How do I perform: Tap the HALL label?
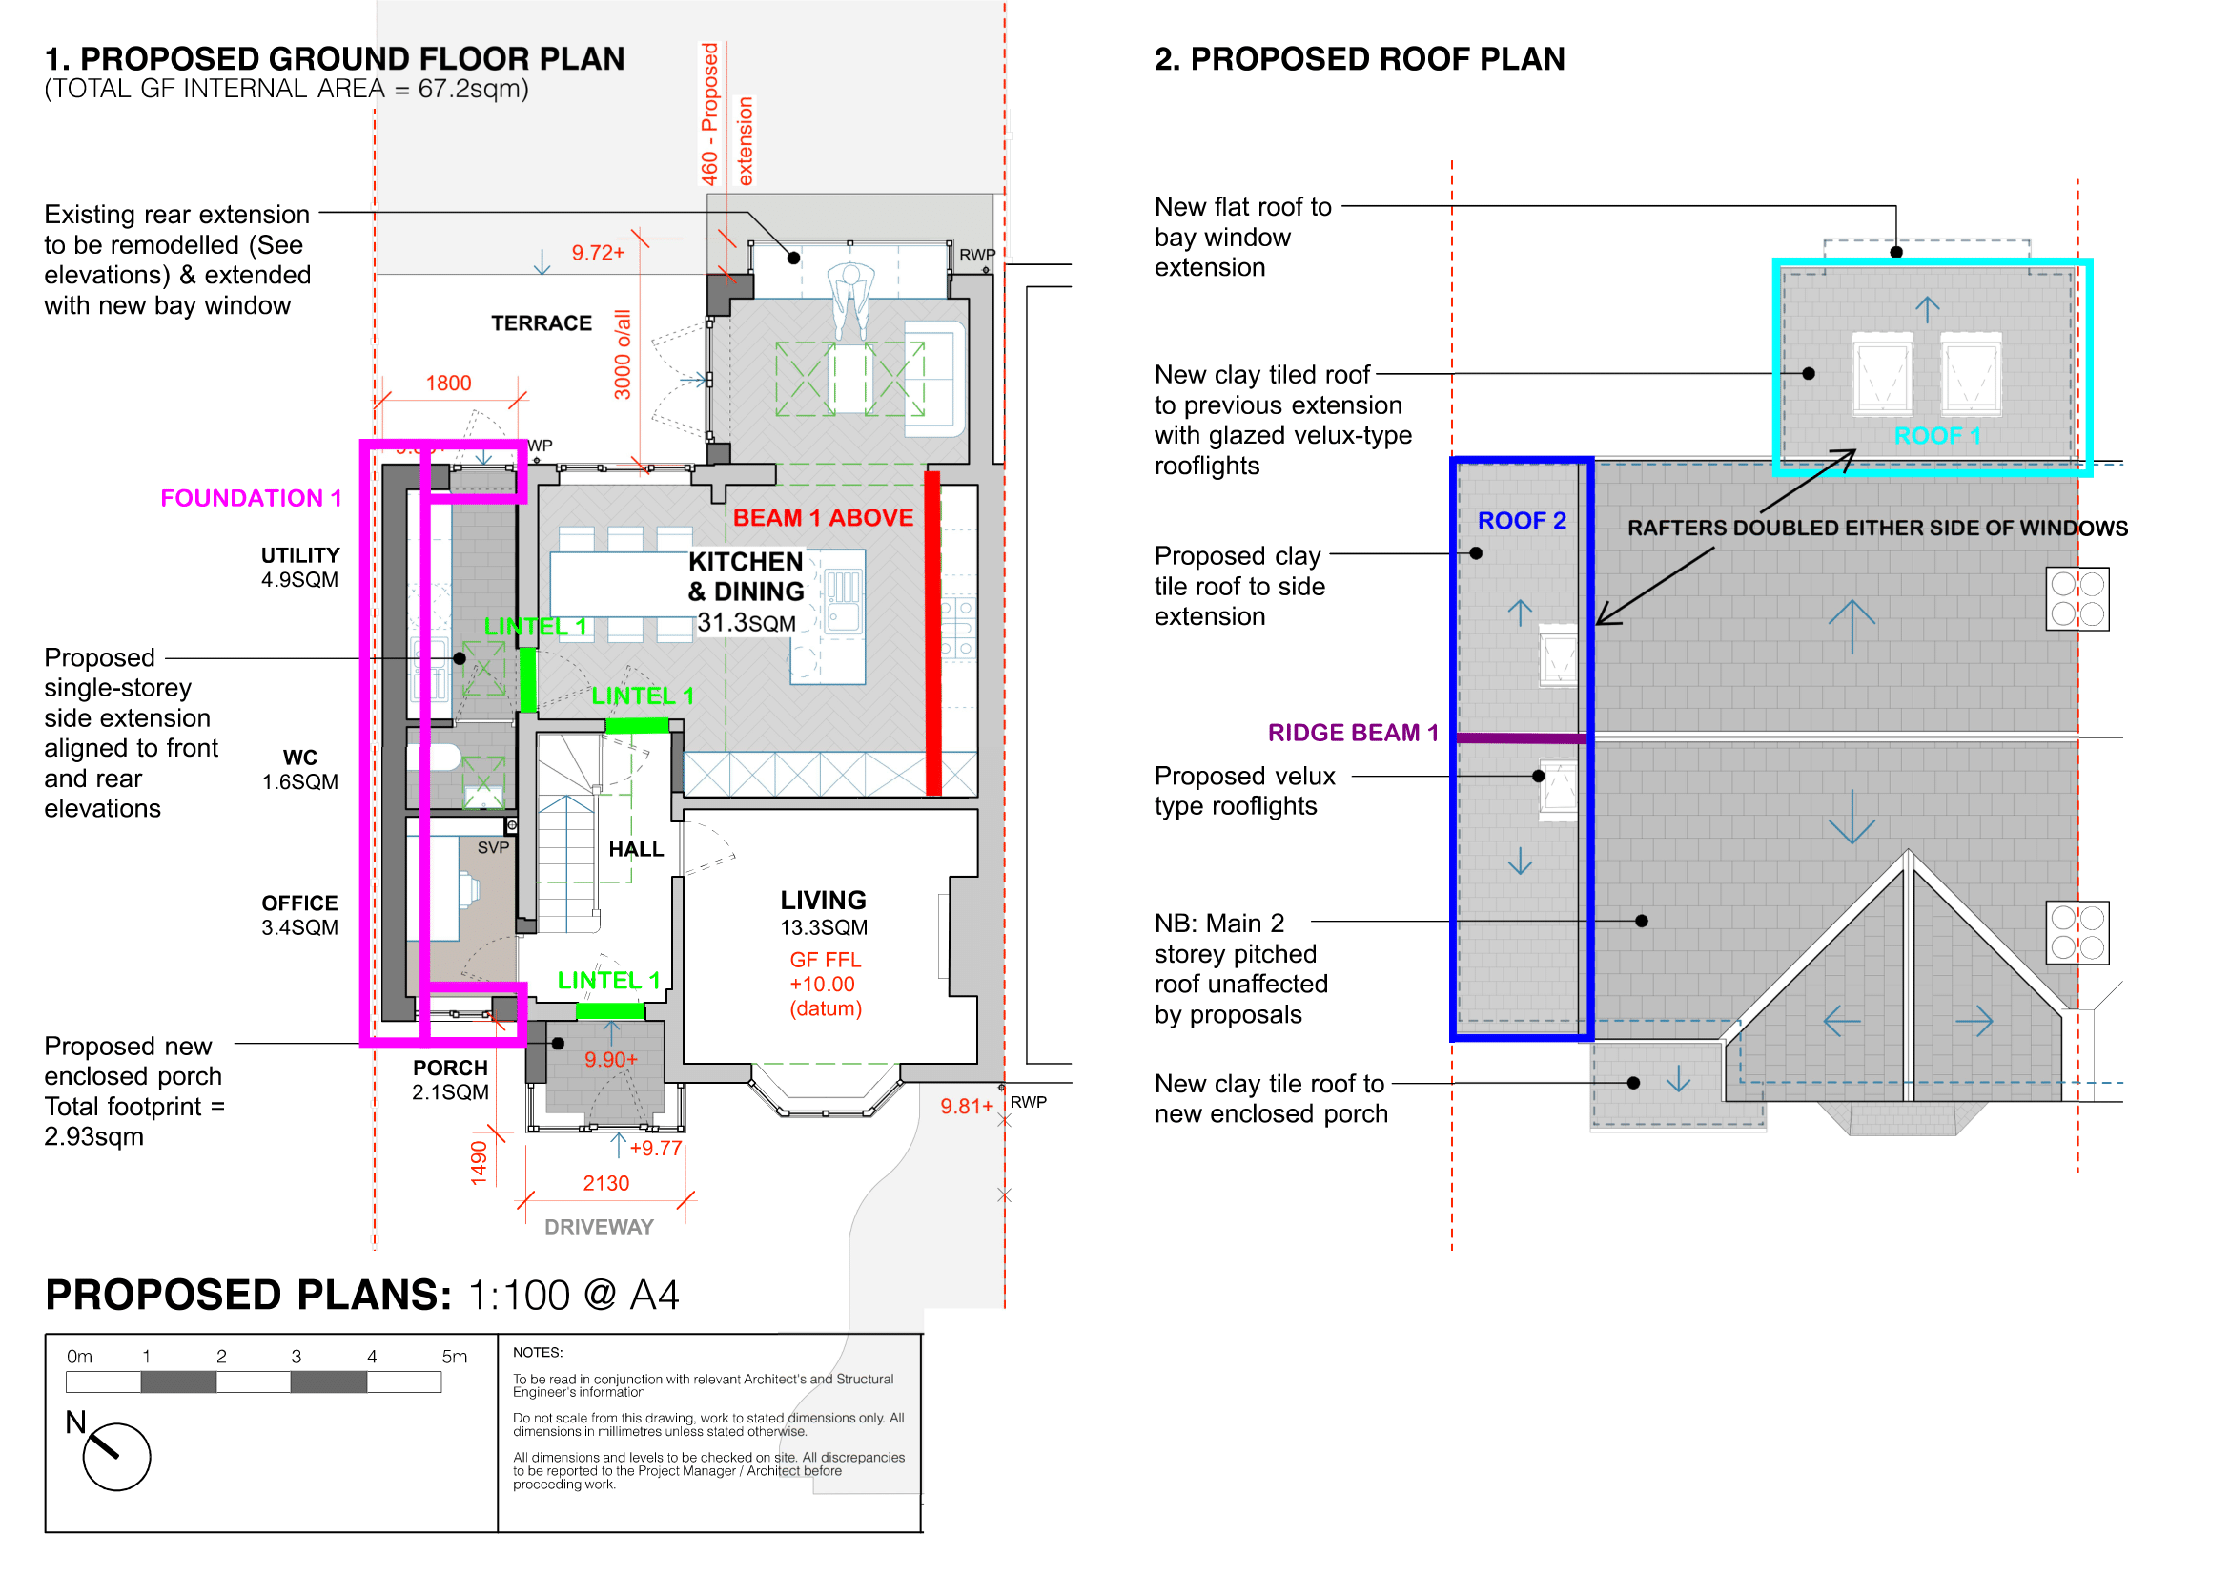636,849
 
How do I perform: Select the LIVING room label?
824,901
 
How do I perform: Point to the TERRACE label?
541,322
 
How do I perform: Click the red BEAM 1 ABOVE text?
823,518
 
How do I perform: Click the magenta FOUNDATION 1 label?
251,498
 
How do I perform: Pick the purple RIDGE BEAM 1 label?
1353,733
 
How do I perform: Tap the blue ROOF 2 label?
1522,521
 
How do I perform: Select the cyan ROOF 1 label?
1936,435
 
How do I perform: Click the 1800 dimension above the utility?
449,383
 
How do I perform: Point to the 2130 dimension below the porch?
606,1183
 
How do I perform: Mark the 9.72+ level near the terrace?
599,253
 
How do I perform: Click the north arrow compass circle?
116,1458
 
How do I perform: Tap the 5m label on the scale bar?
455,1357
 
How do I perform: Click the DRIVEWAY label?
600,1227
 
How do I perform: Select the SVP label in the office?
494,847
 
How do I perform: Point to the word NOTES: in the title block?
538,1353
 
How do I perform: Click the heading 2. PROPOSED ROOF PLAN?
1360,59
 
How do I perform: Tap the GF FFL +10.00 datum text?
826,985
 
